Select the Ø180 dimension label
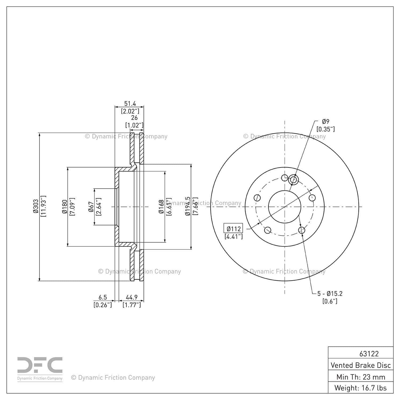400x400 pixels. (64, 206)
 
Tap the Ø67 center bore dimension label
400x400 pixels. (91, 207)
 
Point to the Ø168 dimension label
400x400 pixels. (161, 207)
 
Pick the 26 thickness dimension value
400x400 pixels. (134, 118)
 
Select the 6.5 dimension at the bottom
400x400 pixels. (103, 297)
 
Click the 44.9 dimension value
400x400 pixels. (131, 297)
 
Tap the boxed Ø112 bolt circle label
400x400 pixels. (233, 229)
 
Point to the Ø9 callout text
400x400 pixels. (326, 122)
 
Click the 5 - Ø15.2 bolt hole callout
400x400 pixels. (330, 294)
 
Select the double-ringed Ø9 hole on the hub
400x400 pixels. (293, 180)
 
